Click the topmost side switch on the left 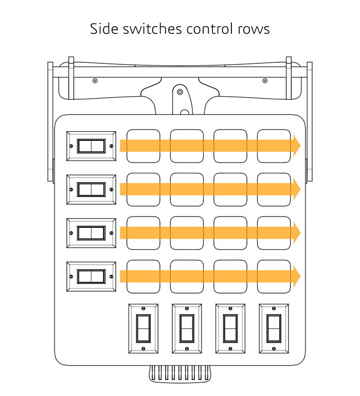coord(91,146)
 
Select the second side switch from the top coord(91,190)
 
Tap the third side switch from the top coord(91,233)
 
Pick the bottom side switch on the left coord(91,277)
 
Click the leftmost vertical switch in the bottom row coord(143,328)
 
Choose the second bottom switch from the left coord(187,328)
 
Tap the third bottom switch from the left coord(230,328)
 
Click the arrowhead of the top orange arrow coord(296,146)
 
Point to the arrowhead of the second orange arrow coord(296,189)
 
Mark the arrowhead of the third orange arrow coord(296,233)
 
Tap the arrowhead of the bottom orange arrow coord(296,276)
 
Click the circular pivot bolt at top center coord(179,92)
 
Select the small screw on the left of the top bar coord(95,81)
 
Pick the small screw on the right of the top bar coord(265,81)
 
